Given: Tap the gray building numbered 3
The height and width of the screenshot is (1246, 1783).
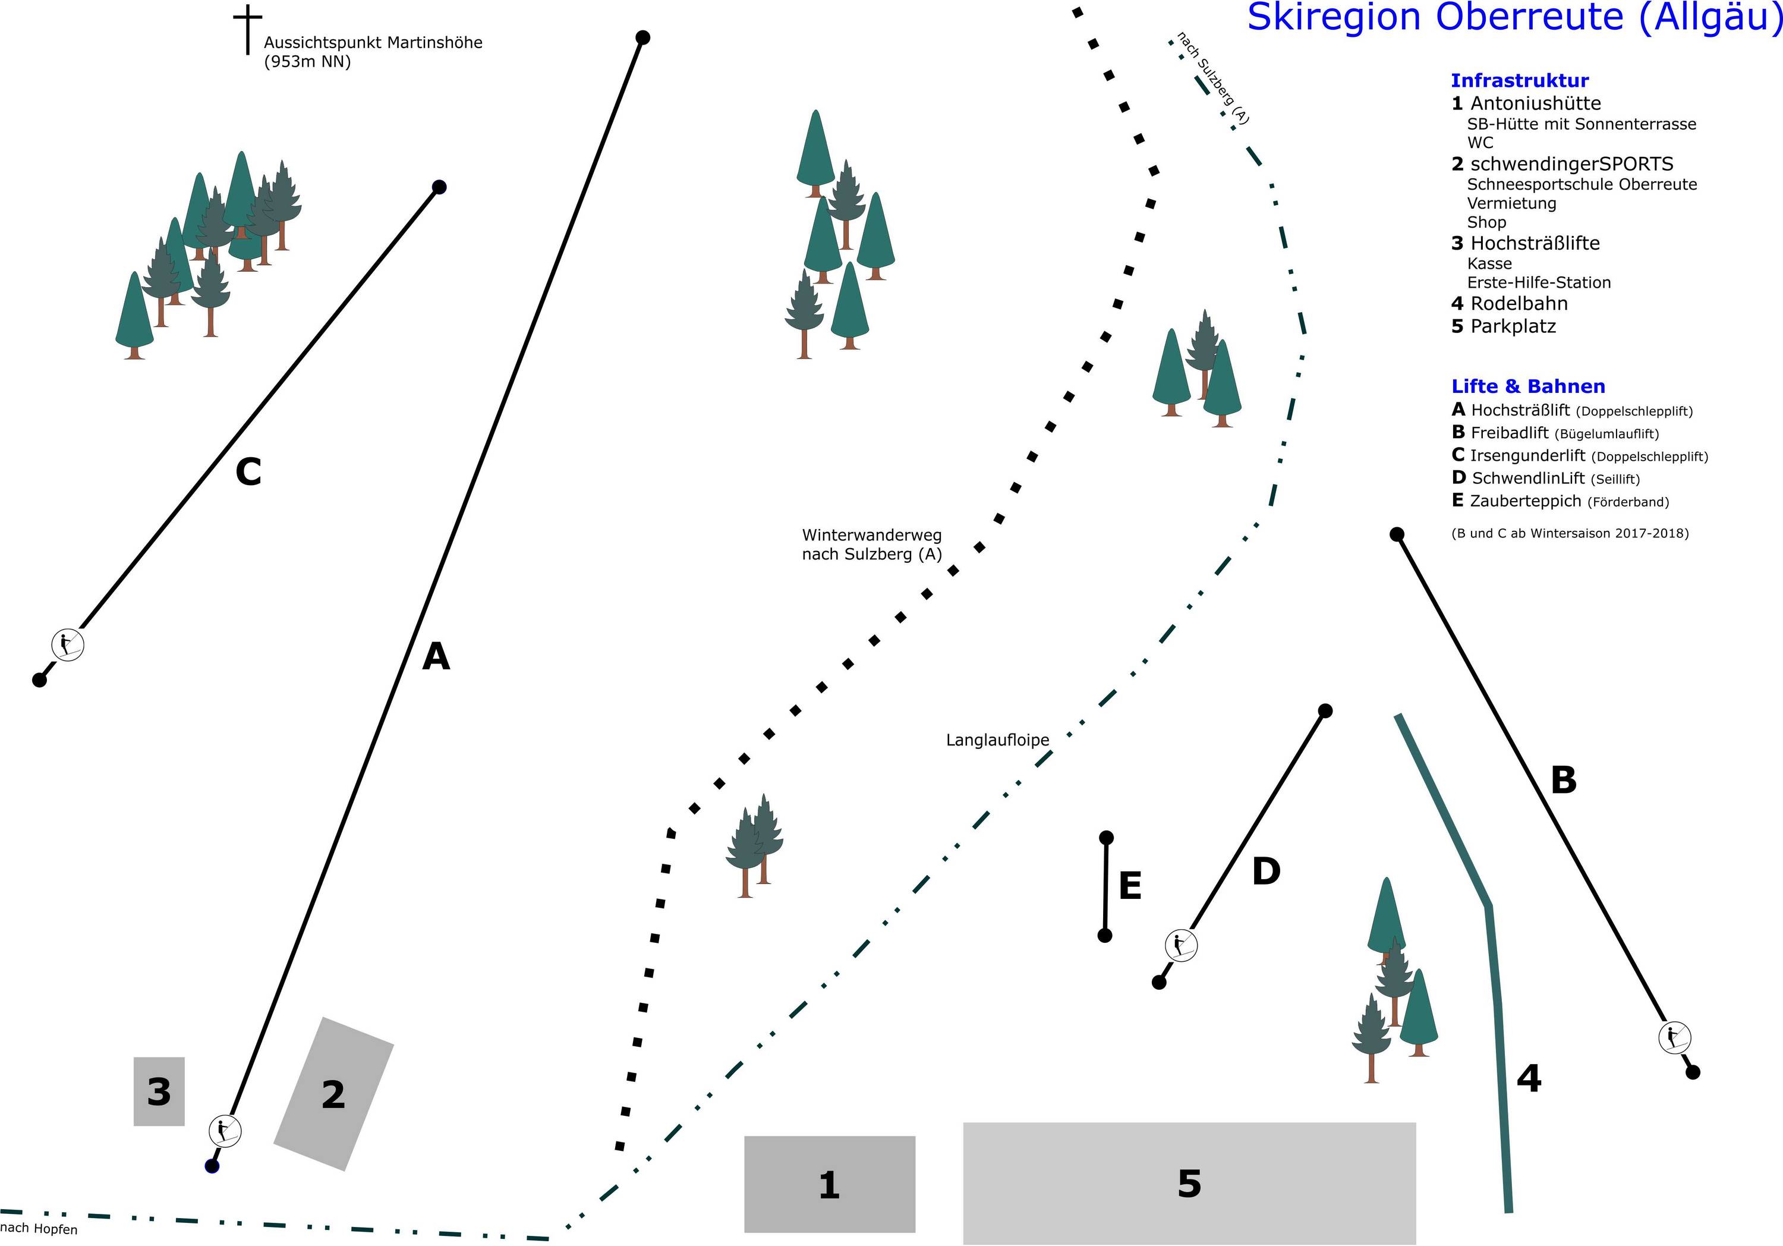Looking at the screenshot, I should [159, 1091].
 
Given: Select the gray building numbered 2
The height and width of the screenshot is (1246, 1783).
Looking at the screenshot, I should [334, 1094].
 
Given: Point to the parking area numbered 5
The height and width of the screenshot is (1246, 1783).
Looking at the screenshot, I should [1189, 1183].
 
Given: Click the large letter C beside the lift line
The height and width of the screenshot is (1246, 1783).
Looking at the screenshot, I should [248, 471].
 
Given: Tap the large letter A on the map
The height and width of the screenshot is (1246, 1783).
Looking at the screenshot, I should [436, 657].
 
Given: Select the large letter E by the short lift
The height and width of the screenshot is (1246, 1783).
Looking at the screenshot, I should [1130, 886].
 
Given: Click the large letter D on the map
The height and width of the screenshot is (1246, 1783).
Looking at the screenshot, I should [1266, 871].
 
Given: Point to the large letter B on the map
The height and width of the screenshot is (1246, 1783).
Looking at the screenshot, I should [1563, 780].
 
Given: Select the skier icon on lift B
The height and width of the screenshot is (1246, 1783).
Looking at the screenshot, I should [1674, 1037].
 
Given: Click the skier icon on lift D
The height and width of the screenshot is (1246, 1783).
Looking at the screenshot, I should [1180, 945].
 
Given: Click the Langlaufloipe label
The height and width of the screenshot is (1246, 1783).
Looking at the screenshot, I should [997, 740].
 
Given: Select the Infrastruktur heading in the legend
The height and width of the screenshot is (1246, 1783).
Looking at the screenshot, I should [1519, 80].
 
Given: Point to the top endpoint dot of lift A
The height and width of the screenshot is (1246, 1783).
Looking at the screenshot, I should [643, 37].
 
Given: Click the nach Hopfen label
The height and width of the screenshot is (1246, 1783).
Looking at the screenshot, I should [39, 1228].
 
